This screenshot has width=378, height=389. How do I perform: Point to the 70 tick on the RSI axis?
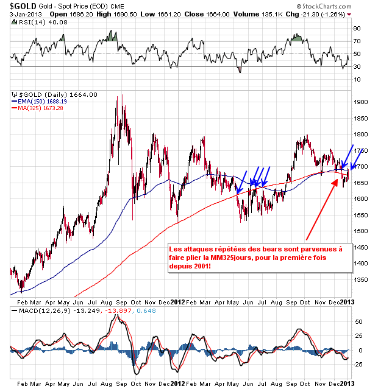coord(357,41)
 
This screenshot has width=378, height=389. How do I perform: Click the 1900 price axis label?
coord(360,102)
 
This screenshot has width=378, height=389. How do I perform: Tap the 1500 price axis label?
coord(360,231)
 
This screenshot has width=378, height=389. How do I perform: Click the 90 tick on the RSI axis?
coord(357,28)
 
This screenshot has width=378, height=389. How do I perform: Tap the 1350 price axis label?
coord(360,279)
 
